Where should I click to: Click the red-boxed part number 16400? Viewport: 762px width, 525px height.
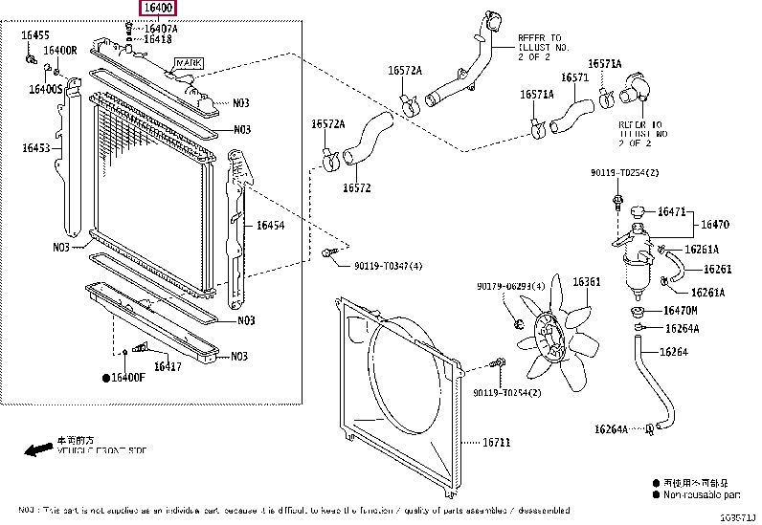[x=158, y=9]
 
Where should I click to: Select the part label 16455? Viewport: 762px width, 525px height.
[x=35, y=35]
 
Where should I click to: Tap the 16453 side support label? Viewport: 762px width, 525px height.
[x=37, y=148]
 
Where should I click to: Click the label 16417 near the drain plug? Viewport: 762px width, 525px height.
[x=168, y=366]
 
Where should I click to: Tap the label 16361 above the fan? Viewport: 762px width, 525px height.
[x=586, y=282]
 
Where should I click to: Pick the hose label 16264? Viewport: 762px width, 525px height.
[x=675, y=352]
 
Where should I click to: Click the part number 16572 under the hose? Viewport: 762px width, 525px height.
[x=356, y=188]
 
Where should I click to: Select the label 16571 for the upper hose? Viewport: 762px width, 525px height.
[x=574, y=77]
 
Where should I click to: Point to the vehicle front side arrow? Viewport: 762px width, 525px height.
[x=38, y=448]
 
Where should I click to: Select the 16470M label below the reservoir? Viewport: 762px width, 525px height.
[x=681, y=311]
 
